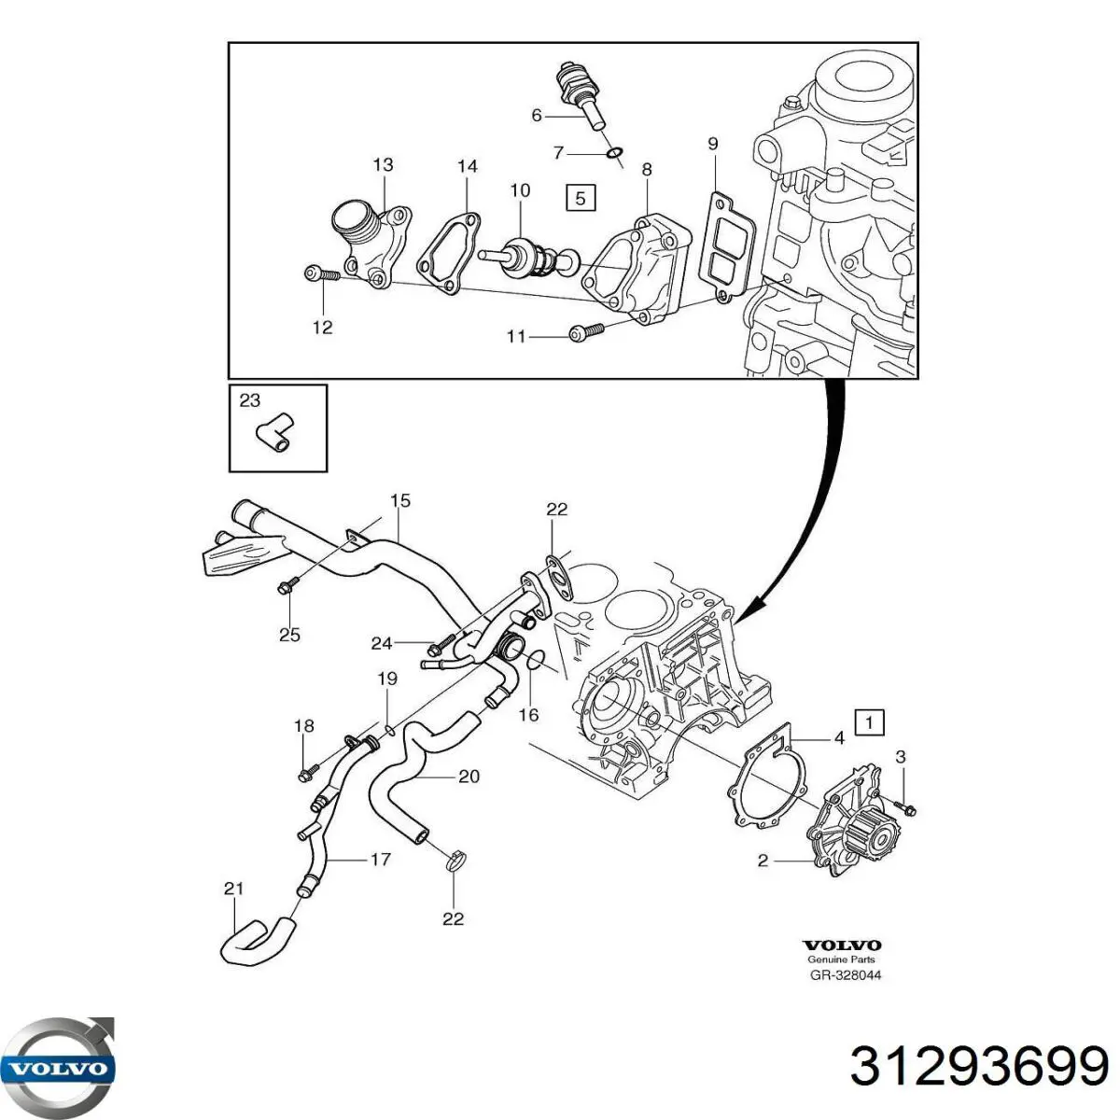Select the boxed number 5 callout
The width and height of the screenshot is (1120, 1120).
pyautogui.click(x=580, y=198)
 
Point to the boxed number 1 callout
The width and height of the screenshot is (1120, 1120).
pyautogui.click(x=870, y=721)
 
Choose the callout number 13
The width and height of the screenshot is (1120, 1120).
pyautogui.click(x=384, y=165)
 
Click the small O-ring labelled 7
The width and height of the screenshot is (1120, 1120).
pyautogui.click(x=613, y=153)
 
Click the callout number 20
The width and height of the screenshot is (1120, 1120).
pyautogui.click(x=469, y=776)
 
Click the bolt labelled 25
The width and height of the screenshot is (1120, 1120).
pyautogui.click(x=286, y=586)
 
